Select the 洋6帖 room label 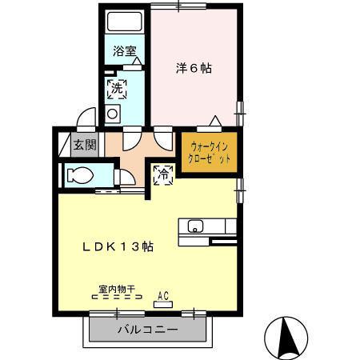[194, 68]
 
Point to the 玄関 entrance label [84, 145]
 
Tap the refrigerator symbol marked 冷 [163, 173]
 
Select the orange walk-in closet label [209, 152]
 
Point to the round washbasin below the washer [112, 114]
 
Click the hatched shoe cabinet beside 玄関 [65, 145]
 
